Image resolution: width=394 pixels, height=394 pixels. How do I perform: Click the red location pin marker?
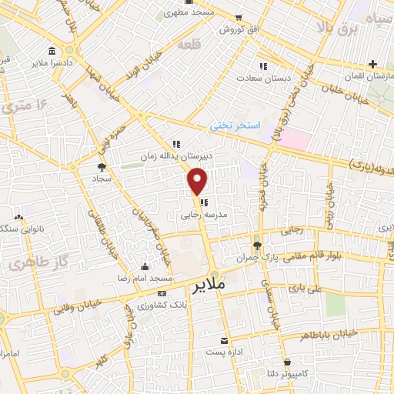point(198,182)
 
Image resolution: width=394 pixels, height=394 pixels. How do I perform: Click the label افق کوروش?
point(237,29)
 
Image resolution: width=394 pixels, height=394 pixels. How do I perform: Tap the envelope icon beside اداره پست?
point(225,340)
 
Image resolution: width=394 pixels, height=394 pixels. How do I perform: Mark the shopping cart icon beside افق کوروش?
point(239,18)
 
